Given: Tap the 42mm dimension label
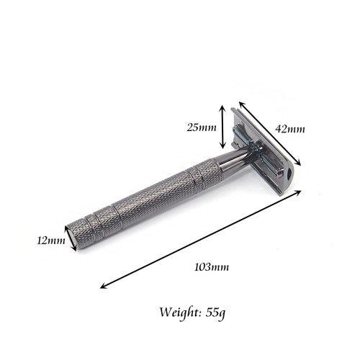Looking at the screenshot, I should click(x=291, y=129).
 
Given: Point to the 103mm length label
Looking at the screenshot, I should click(x=212, y=266).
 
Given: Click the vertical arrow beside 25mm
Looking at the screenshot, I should click(x=223, y=127).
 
